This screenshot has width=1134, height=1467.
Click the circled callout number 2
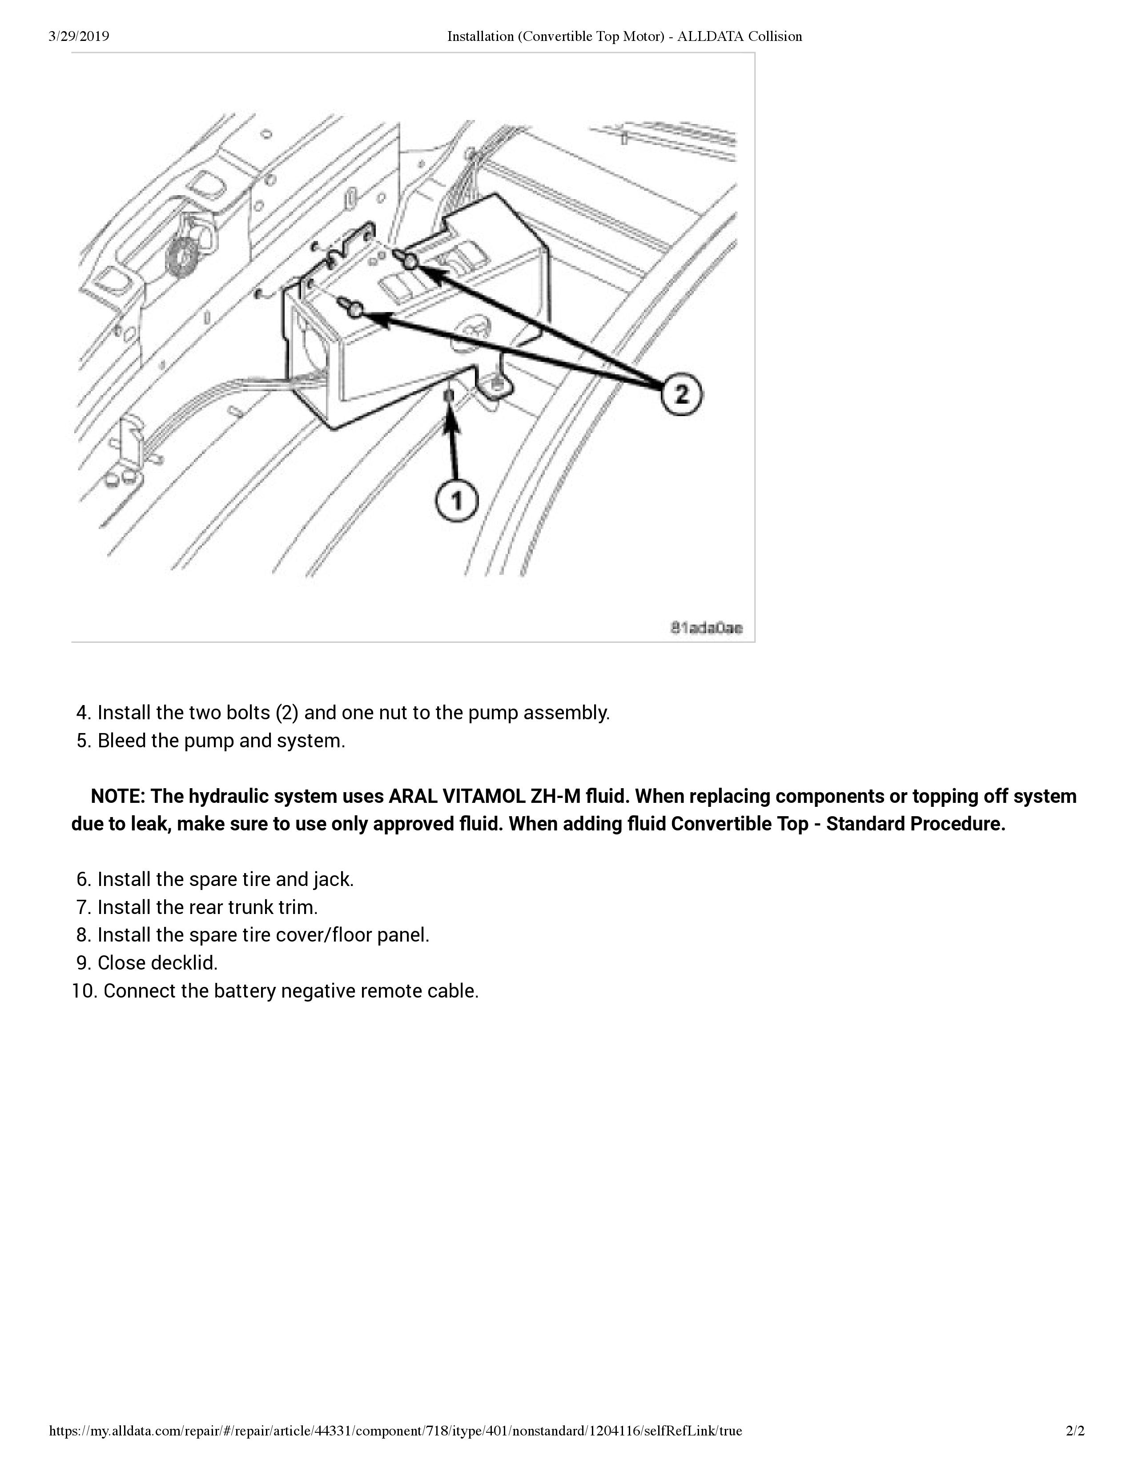coord(681,394)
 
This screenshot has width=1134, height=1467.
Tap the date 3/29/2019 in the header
coord(79,36)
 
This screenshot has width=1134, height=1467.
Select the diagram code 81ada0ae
coord(707,628)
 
